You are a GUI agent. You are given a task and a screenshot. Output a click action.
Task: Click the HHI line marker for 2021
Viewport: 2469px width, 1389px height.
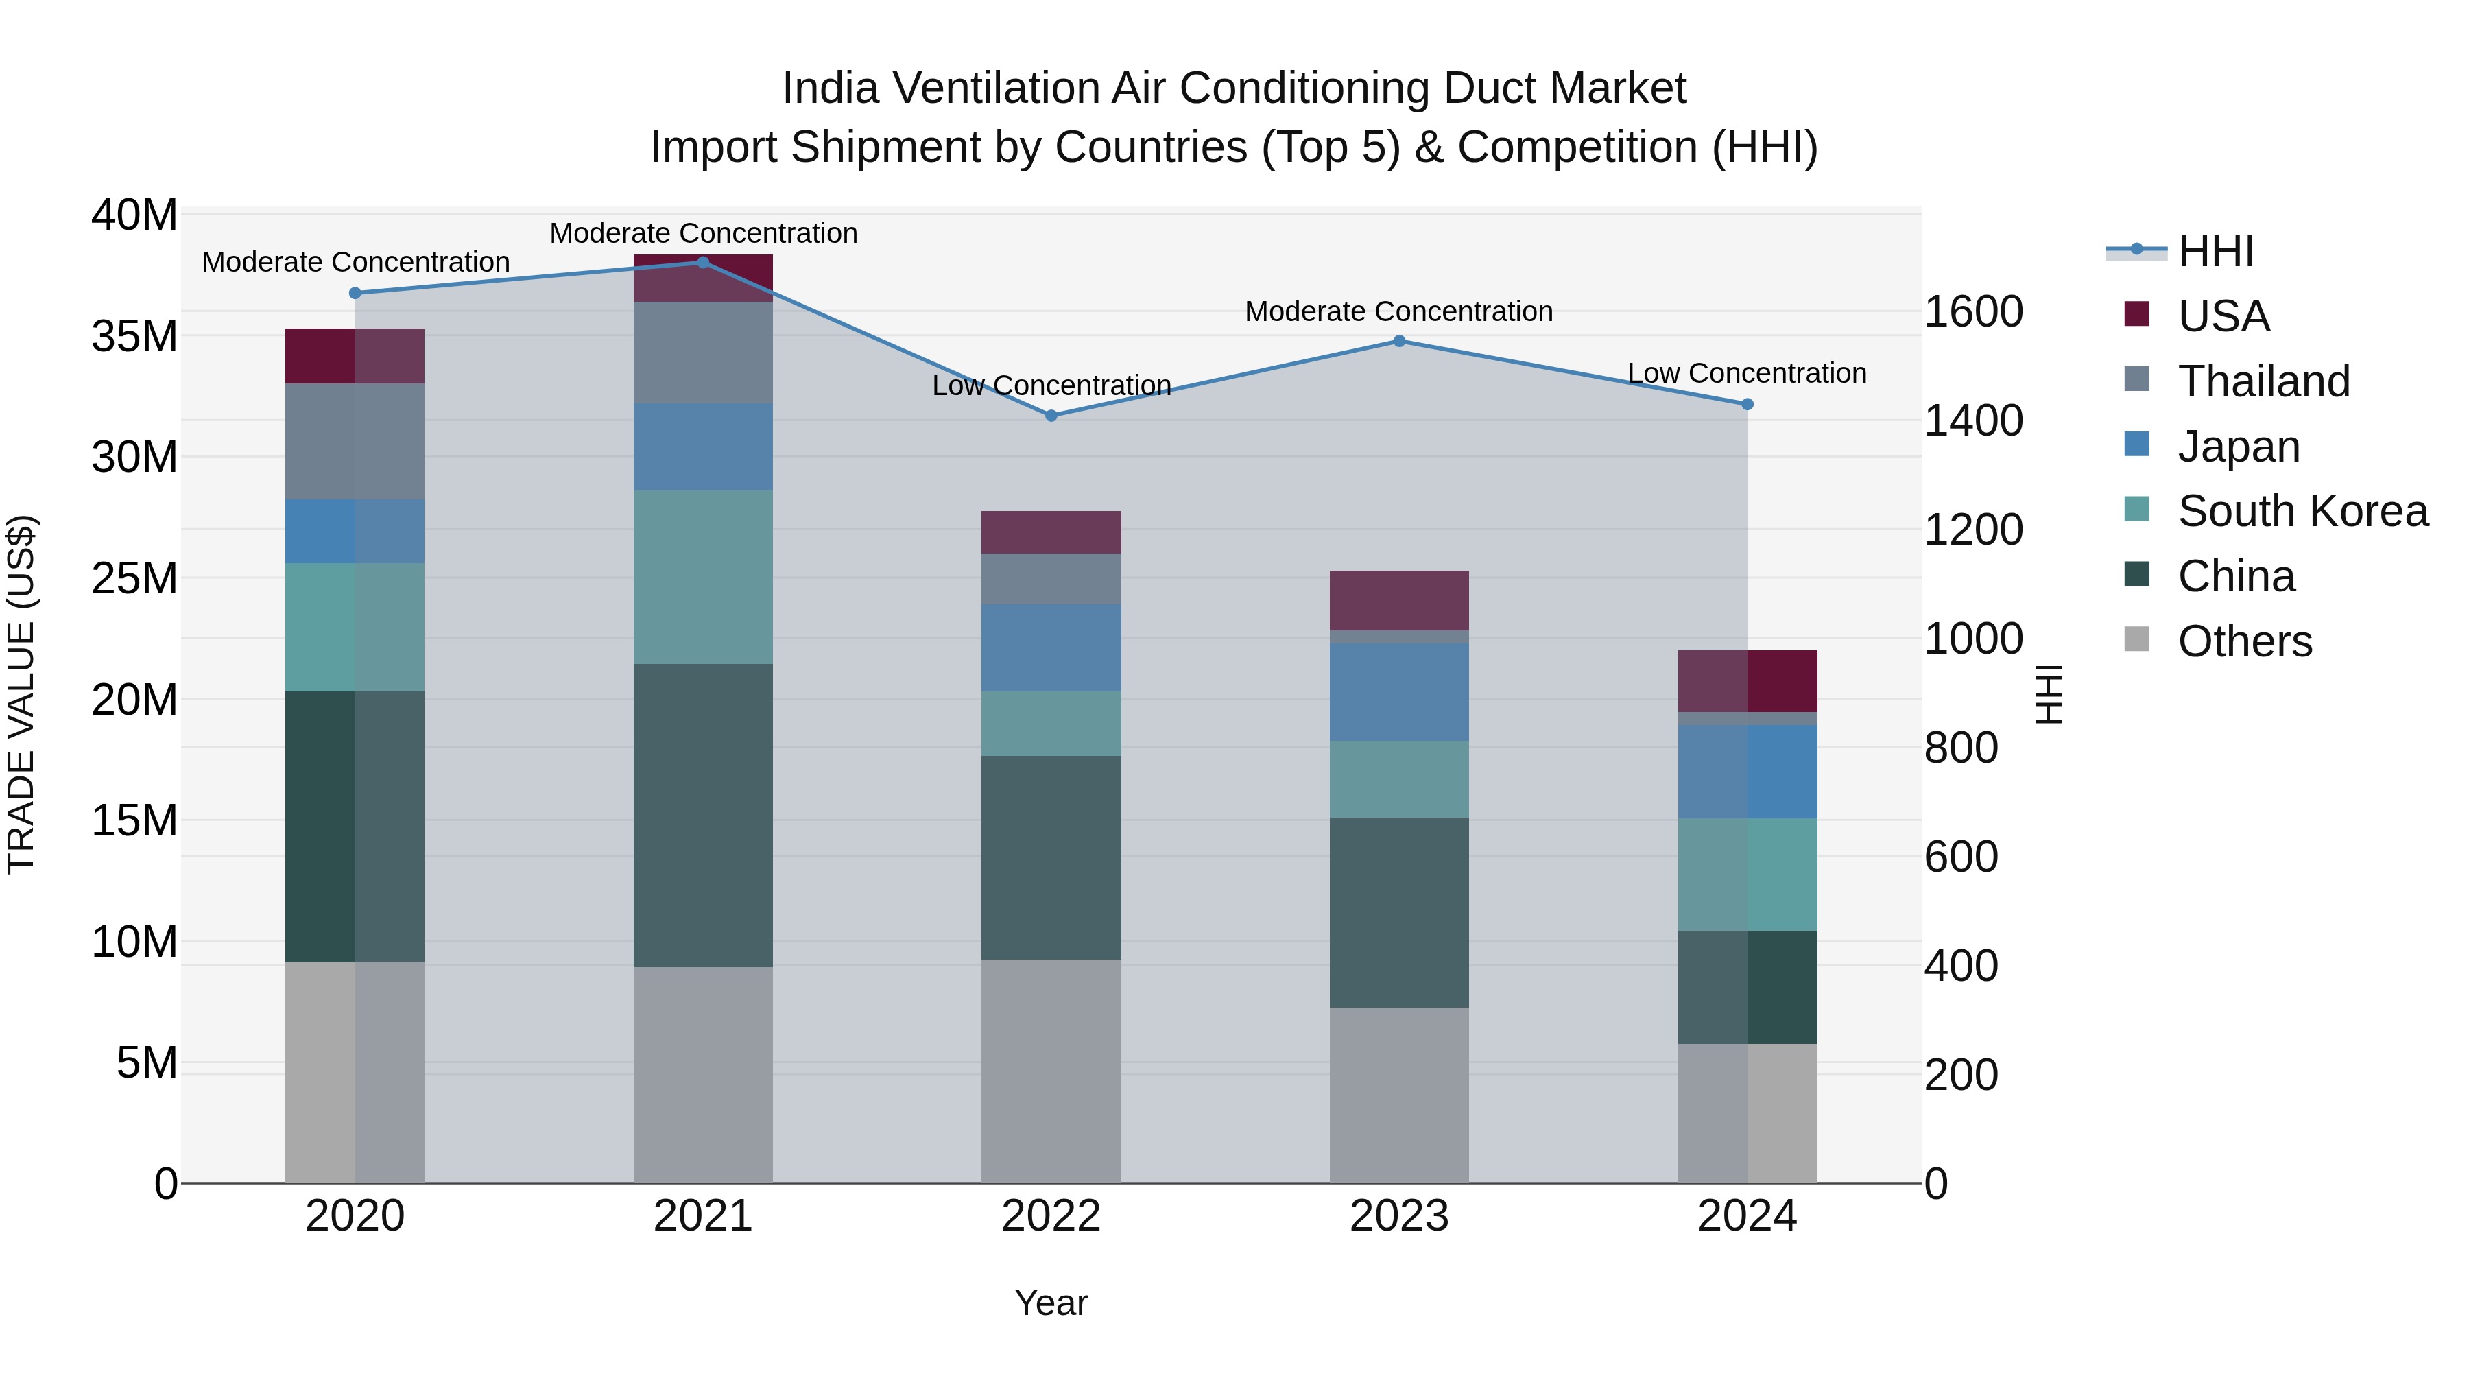tap(702, 263)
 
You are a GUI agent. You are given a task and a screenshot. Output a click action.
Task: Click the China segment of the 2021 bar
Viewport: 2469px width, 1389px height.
tap(702, 815)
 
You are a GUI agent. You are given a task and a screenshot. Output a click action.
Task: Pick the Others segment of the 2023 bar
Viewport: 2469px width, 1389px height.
tap(1398, 1095)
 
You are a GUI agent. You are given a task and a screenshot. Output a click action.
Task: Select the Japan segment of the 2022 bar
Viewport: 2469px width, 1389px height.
tap(1051, 648)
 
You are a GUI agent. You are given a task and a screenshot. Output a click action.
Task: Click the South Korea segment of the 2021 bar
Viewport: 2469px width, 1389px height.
tap(702, 577)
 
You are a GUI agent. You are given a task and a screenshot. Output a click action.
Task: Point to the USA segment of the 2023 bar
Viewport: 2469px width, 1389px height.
tap(1398, 601)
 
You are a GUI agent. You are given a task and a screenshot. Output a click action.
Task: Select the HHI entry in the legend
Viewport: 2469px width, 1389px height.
tap(2214, 251)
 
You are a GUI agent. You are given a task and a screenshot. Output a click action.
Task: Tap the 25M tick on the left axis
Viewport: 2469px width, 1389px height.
tap(134, 579)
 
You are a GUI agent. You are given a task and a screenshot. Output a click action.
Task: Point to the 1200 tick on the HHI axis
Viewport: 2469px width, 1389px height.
tap(1973, 530)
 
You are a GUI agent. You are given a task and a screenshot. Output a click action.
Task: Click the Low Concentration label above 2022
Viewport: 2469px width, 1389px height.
tap(1051, 385)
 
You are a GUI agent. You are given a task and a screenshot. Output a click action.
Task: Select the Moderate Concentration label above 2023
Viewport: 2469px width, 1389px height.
tap(1398, 311)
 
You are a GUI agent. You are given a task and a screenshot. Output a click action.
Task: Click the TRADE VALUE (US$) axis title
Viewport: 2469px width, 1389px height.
tap(21, 694)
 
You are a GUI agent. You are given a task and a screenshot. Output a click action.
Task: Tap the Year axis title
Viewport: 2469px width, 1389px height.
tap(1051, 1303)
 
